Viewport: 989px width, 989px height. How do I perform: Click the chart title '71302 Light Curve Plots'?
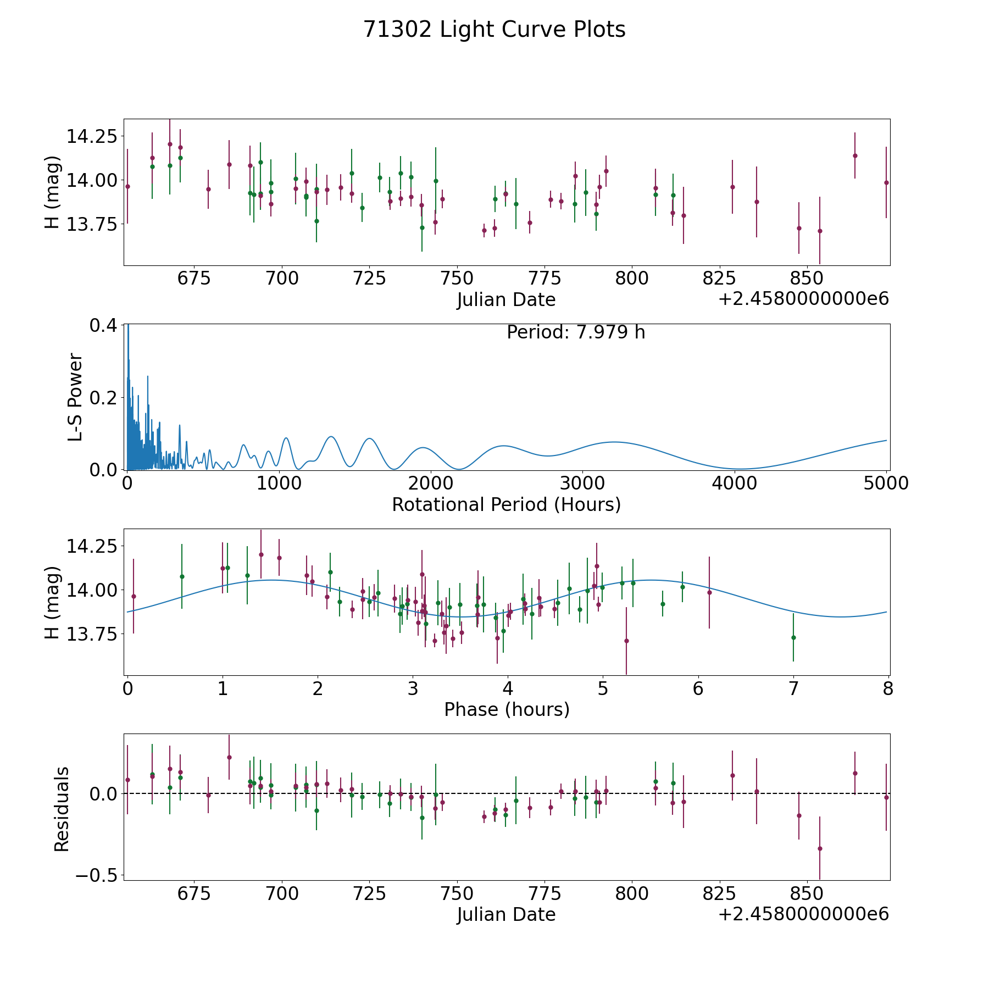tap(494, 30)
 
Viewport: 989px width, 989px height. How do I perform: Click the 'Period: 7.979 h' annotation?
tap(575, 332)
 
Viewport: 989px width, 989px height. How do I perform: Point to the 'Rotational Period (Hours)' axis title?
tap(506, 504)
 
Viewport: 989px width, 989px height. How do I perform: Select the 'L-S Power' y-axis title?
tap(76, 397)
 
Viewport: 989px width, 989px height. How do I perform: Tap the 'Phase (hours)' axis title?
tap(506, 709)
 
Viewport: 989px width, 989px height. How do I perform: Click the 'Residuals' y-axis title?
tap(62, 809)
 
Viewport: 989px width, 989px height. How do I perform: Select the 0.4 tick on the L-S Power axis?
tap(103, 325)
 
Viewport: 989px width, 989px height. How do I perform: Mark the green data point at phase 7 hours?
tap(793, 637)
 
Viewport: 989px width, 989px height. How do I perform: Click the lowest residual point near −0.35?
tap(820, 848)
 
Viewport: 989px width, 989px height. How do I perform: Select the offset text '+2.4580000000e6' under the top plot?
tap(803, 299)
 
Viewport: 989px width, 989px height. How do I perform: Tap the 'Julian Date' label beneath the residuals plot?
tap(506, 915)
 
